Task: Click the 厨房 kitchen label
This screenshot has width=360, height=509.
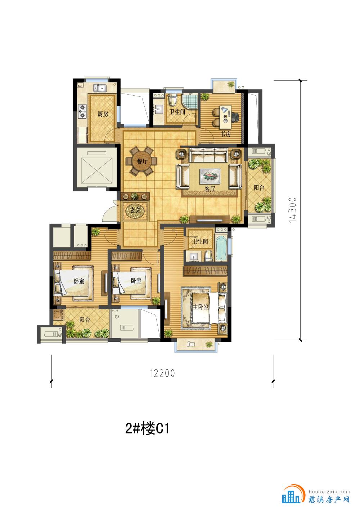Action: pos(103,114)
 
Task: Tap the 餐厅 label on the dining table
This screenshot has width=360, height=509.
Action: pos(142,162)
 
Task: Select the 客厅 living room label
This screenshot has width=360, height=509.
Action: pos(210,189)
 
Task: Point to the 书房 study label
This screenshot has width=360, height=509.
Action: pos(226,134)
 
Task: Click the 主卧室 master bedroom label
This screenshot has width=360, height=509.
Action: pos(201,307)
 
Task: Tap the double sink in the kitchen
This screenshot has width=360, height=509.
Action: pos(100,88)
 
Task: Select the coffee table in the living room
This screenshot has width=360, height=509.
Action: pos(210,176)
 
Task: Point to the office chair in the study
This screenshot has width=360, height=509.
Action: pos(235,117)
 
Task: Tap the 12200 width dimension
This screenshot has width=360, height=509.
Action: pos(162,373)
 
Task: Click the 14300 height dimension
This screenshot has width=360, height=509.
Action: pos(292,210)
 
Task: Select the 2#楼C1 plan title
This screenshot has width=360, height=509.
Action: pos(147,429)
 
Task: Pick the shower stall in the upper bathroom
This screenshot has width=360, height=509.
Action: pos(190,101)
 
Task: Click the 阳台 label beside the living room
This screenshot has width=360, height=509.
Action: pos(259,187)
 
